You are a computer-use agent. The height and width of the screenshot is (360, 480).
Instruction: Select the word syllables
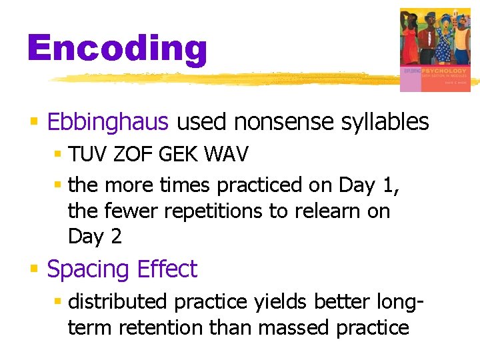[x=384, y=122]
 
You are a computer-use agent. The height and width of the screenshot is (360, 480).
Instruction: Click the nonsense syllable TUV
[x=88, y=155]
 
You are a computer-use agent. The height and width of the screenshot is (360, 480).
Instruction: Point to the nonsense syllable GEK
[x=178, y=155]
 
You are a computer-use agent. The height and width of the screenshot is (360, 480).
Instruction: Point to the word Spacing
[x=89, y=270]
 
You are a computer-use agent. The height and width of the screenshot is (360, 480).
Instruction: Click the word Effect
[x=167, y=269]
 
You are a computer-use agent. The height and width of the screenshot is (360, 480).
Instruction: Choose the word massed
[x=293, y=328]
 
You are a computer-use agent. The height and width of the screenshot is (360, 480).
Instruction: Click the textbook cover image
[x=434, y=49]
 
